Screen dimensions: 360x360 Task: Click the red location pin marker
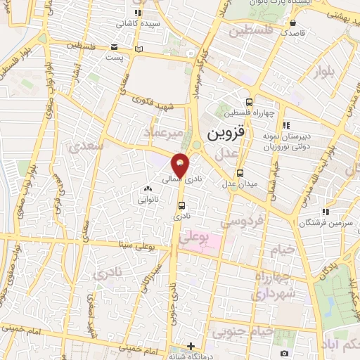point(181,165)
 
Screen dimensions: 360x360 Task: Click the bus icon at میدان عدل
point(240,172)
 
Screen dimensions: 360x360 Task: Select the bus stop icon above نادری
point(182,206)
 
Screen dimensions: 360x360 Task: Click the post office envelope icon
point(115,48)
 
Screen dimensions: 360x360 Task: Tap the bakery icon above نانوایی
point(148,188)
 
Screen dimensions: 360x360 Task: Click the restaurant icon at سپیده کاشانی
point(139,13)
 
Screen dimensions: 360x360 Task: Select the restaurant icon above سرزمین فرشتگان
point(324,211)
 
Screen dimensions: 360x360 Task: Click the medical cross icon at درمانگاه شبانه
point(191,346)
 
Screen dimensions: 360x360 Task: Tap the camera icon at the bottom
point(284,353)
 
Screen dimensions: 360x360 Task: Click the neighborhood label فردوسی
point(242,221)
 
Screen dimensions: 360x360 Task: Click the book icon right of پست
point(139,48)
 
